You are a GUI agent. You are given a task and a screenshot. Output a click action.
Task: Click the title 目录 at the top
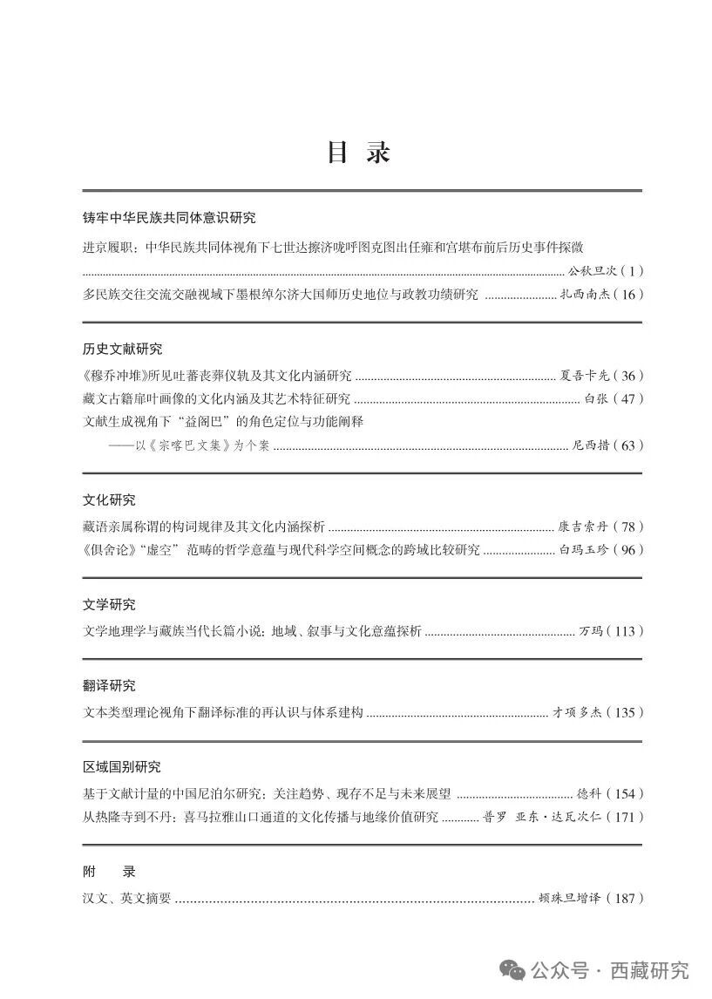click(x=358, y=152)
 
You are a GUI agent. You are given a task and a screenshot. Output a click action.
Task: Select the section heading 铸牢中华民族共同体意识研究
click(x=169, y=218)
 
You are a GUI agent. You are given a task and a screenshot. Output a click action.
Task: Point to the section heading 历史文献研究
click(x=122, y=349)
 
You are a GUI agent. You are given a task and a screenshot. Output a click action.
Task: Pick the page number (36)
click(x=628, y=376)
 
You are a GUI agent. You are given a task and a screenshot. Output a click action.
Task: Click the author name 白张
click(x=595, y=399)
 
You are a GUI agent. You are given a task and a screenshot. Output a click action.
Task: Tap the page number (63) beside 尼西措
click(x=628, y=445)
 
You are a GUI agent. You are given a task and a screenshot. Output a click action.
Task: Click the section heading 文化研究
click(x=109, y=500)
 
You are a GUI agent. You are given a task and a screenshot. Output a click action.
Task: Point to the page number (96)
click(x=628, y=550)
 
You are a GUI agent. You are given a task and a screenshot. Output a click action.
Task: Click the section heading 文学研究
click(x=109, y=605)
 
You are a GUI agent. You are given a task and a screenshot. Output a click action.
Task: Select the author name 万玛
click(x=590, y=631)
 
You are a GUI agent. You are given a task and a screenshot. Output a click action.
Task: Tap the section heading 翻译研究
click(x=109, y=686)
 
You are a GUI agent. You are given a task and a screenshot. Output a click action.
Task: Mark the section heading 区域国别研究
click(x=122, y=767)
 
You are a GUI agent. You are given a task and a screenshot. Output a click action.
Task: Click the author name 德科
click(x=590, y=794)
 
